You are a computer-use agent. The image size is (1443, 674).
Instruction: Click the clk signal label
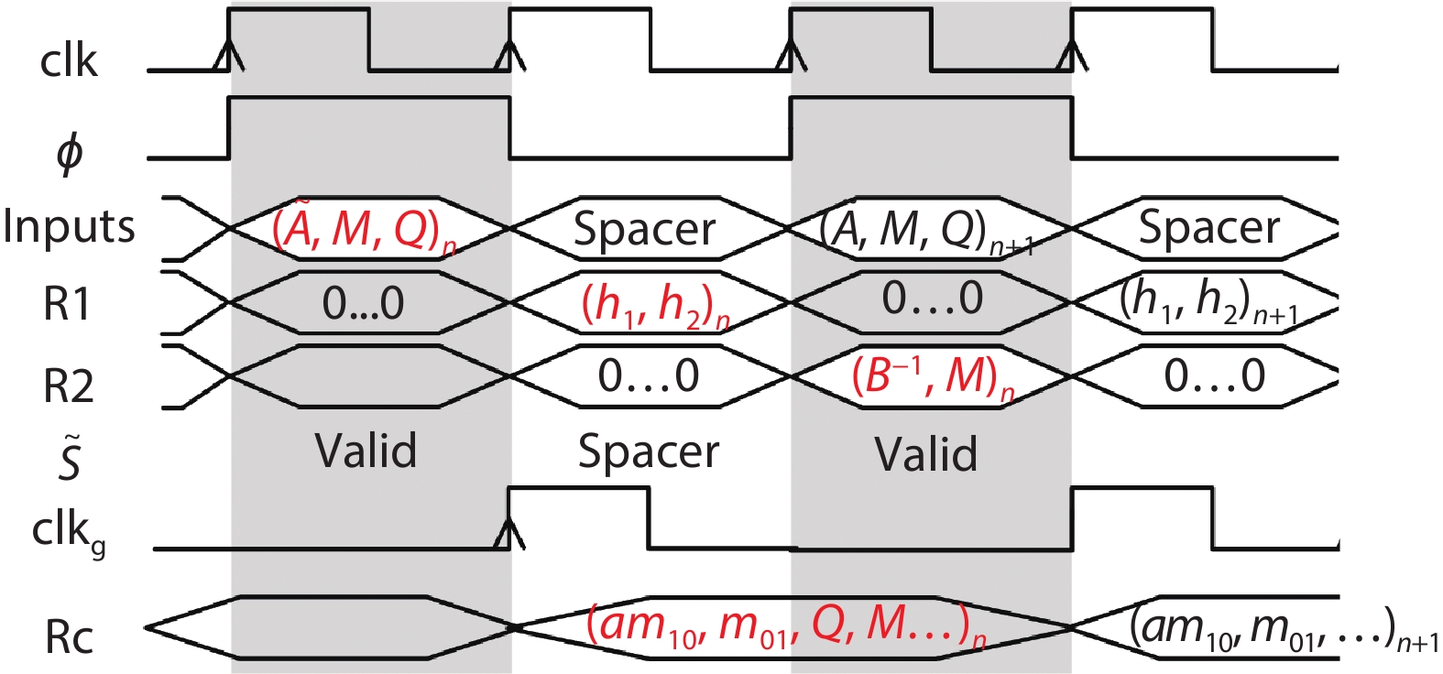[x=69, y=61]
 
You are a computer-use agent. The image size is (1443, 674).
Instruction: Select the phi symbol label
[x=70, y=154]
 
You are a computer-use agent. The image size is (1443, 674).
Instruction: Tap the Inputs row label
[x=69, y=227]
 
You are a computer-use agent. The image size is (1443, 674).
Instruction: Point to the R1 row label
[x=68, y=304]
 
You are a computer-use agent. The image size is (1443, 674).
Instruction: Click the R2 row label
[x=69, y=386]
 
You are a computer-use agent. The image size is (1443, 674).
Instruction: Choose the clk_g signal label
[x=70, y=531]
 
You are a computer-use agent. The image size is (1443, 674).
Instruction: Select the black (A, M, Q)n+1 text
[x=926, y=230]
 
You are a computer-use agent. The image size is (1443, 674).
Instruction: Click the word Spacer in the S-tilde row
[x=649, y=451]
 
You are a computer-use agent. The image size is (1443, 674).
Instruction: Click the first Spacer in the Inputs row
[x=645, y=229]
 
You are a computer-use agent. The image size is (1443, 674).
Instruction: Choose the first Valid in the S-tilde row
[x=366, y=451]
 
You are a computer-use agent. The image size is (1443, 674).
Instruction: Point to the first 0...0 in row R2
[x=649, y=376]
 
